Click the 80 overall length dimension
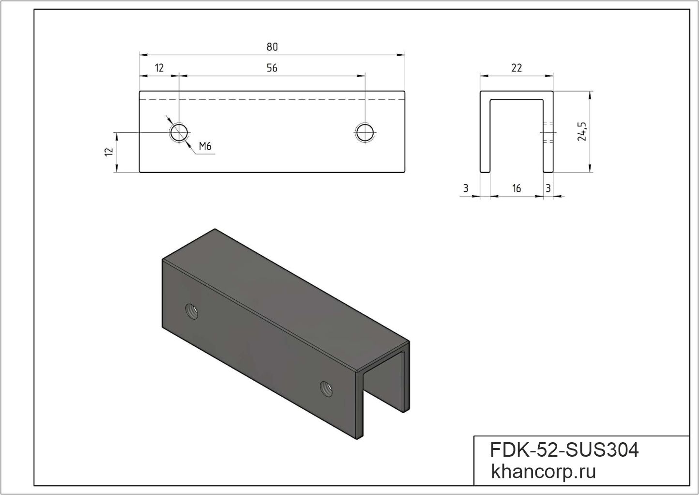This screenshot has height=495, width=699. [272, 47]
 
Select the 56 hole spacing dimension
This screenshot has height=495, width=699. [272, 68]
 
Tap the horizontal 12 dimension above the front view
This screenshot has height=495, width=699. [159, 68]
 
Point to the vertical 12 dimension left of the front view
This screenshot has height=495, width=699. [109, 152]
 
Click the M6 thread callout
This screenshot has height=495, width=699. [205, 146]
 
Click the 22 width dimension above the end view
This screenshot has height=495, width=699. [517, 68]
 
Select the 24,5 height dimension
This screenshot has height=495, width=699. [582, 131]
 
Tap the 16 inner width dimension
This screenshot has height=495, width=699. [517, 188]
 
